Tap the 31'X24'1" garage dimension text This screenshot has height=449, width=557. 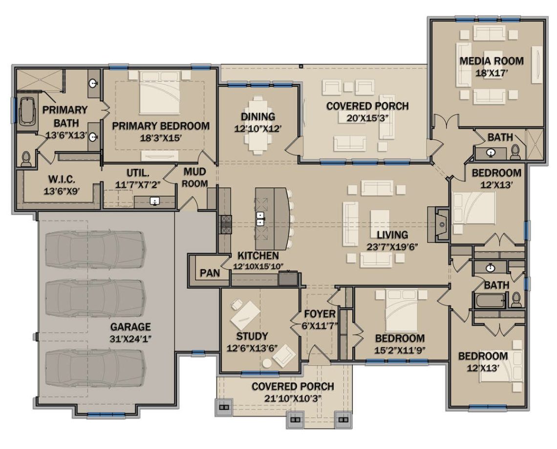pyautogui.click(x=130, y=338)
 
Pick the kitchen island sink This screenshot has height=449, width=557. pyautogui.click(x=261, y=218)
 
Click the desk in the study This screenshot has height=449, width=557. pyautogui.click(x=245, y=315)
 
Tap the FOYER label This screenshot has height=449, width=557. pyautogui.click(x=320, y=314)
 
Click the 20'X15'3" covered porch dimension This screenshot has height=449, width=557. pyautogui.click(x=367, y=118)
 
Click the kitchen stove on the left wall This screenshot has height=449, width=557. pyautogui.click(x=226, y=224)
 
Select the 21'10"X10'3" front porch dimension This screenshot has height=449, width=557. pyautogui.click(x=293, y=398)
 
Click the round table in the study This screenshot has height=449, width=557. pyautogui.click(x=267, y=363)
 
